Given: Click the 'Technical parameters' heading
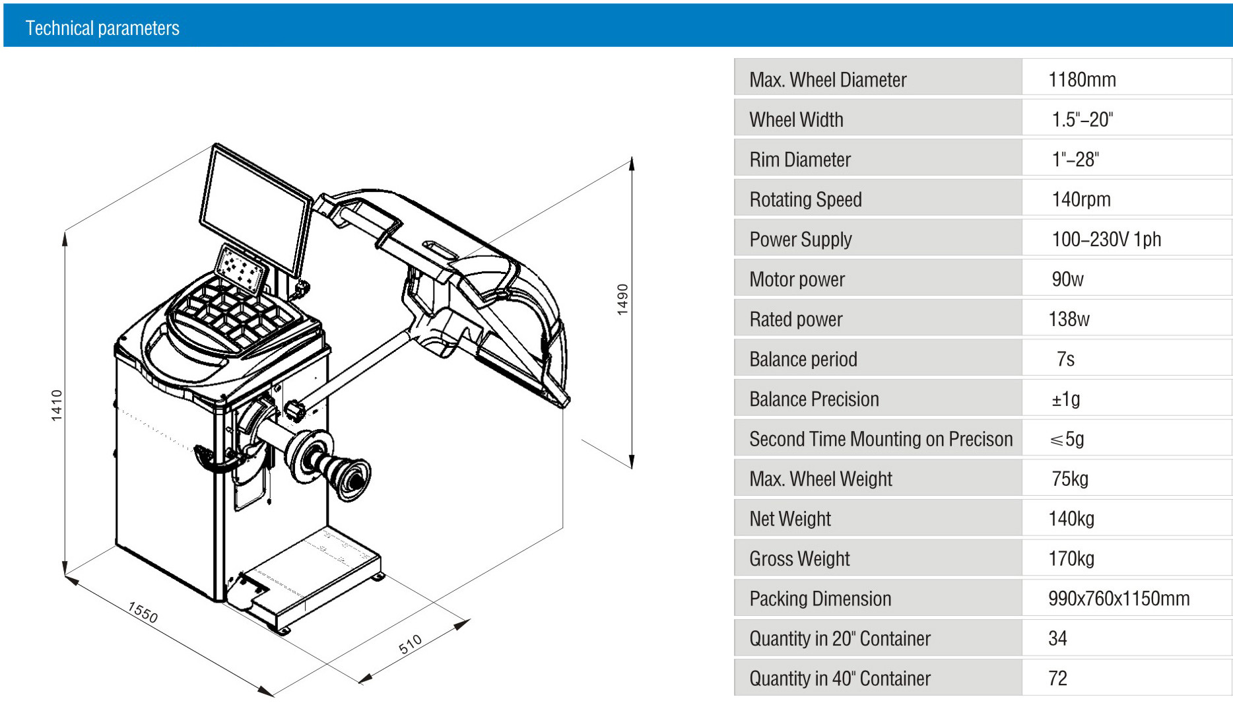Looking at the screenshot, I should pos(102,28).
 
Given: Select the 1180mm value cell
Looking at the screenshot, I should pos(1082,80).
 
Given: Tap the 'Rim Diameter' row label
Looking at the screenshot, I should pos(800,160).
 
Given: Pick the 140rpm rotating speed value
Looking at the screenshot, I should pos(1081,199).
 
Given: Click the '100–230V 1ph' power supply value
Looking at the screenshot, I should pos(1106,239).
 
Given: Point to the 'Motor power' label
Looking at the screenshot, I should pos(797,279).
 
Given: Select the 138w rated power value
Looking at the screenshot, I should pos(1069,319).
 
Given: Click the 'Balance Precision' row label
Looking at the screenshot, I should pos(814,399).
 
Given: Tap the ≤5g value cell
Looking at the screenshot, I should pos(1067,439).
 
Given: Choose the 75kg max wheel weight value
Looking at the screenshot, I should pos(1070,479).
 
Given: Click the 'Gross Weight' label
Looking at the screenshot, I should pos(799,559).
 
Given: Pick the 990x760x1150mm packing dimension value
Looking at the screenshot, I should pos(1119,599).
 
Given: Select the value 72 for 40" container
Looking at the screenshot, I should pos(1057,679).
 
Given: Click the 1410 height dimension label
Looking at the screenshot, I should pos(57,405).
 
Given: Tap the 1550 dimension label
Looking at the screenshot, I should pos(143,613).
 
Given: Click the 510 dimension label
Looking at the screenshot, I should pos(410,644).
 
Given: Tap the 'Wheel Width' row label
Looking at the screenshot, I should pos(796,119).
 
